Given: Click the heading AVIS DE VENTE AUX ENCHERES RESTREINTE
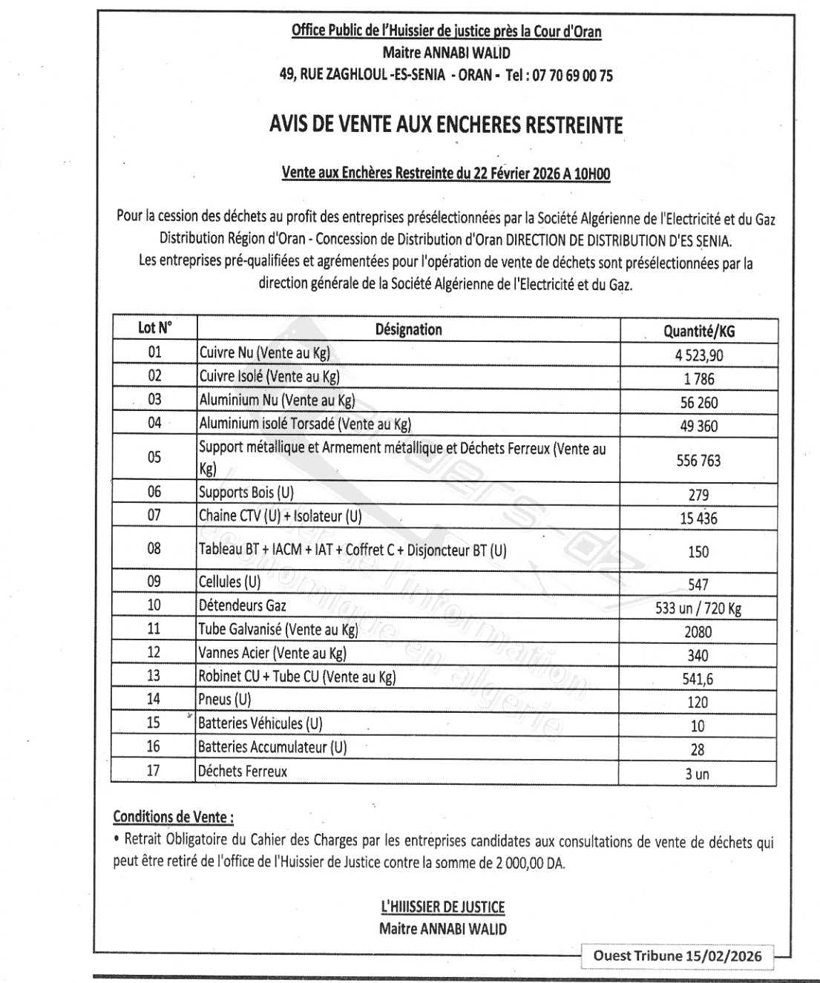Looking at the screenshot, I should click(x=446, y=125).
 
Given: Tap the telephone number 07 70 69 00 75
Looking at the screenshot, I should click(x=572, y=75).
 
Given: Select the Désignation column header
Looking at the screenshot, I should click(x=408, y=329).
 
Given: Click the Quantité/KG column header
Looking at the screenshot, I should click(x=698, y=332).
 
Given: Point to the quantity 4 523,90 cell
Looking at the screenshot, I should click(x=698, y=355).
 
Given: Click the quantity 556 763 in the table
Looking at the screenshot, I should click(x=698, y=461).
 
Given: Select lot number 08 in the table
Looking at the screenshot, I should click(x=154, y=548).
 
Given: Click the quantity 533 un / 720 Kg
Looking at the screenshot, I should click(x=698, y=609).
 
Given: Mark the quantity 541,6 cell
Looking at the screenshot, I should click(x=698, y=679).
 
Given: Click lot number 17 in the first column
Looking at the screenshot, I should click(x=153, y=770).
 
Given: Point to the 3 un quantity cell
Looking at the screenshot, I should click(x=697, y=774).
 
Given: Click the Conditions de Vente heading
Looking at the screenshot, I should click(x=173, y=817).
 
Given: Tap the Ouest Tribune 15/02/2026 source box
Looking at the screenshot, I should click(x=677, y=956).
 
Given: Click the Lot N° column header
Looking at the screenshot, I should click(x=154, y=327).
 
